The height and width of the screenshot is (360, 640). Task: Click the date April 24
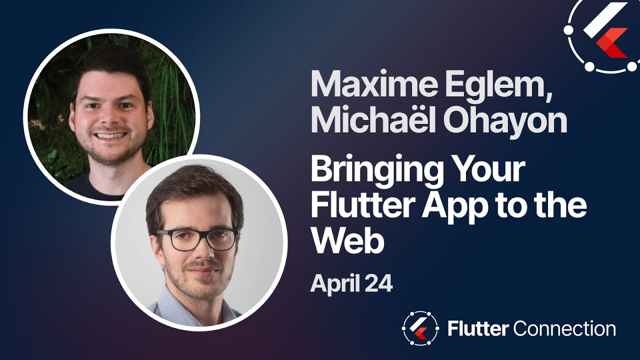point(351,283)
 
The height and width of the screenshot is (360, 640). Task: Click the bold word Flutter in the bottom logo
point(478,329)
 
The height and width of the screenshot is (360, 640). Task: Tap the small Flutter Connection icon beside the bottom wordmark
point(420,329)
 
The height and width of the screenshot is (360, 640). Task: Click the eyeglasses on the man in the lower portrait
point(198,238)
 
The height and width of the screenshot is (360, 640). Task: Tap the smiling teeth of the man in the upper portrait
point(110,135)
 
